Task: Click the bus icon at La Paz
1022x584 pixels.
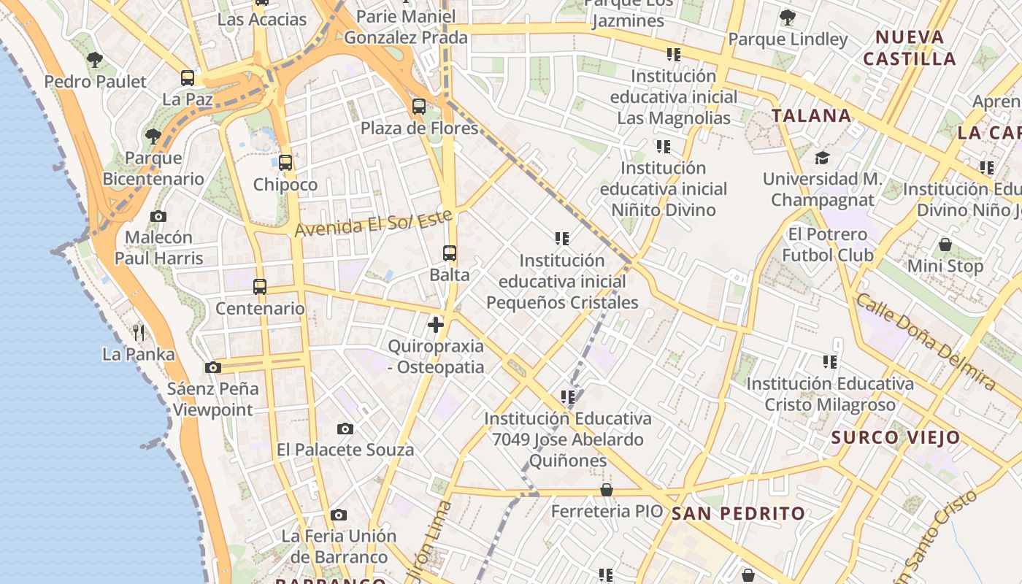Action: [x=188, y=77]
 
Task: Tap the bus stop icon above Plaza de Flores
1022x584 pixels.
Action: [x=418, y=106]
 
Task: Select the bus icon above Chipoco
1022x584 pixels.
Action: [x=285, y=162]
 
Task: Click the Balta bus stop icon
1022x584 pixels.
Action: [x=450, y=253]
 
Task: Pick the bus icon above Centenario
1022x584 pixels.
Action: [x=259, y=286]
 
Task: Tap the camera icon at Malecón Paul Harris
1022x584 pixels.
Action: [x=158, y=216]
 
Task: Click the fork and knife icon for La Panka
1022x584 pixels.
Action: [x=139, y=333]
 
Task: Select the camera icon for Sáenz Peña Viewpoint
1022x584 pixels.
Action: [x=212, y=367]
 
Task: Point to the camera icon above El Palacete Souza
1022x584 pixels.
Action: [x=345, y=429]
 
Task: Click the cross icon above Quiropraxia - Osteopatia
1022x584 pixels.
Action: [x=436, y=324]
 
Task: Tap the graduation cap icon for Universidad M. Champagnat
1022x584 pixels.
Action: [x=823, y=158]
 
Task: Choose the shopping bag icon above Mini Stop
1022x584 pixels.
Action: [x=945, y=245]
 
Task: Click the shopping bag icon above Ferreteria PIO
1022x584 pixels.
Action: [x=607, y=490]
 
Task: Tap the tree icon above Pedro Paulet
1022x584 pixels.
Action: [x=94, y=60]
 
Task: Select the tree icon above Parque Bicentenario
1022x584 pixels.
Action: [x=153, y=136]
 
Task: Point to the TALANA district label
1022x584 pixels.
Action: [x=811, y=115]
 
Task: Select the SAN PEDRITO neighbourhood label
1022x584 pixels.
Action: [x=738, y=513]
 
